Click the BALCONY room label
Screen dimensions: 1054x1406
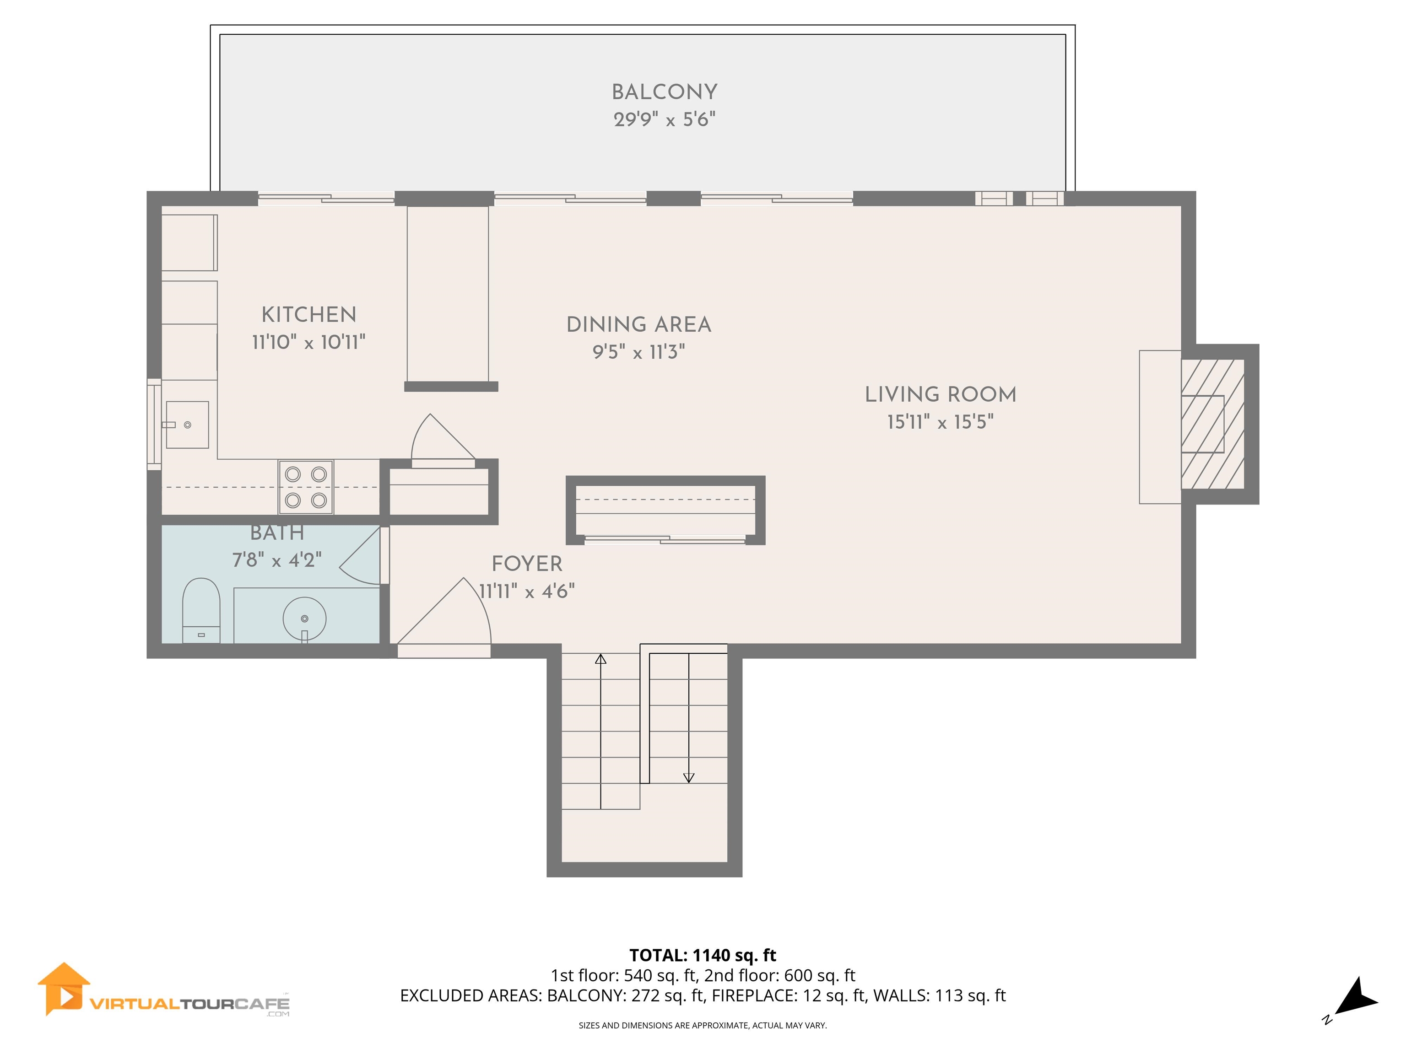(x=664, y=92)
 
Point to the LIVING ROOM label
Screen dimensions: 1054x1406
(x=940, y=394)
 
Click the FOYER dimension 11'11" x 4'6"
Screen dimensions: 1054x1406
(x=526, y=592)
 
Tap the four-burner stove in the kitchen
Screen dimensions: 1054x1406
(x=306, y=487)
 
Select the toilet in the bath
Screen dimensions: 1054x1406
(x=201, y=610)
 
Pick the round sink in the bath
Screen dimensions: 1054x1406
(x=304, y=618)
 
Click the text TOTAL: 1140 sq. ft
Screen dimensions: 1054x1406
(x=703, y=955)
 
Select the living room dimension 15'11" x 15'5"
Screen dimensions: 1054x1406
(x=940, y=422)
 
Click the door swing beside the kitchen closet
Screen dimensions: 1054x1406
(x=438, y=438)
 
